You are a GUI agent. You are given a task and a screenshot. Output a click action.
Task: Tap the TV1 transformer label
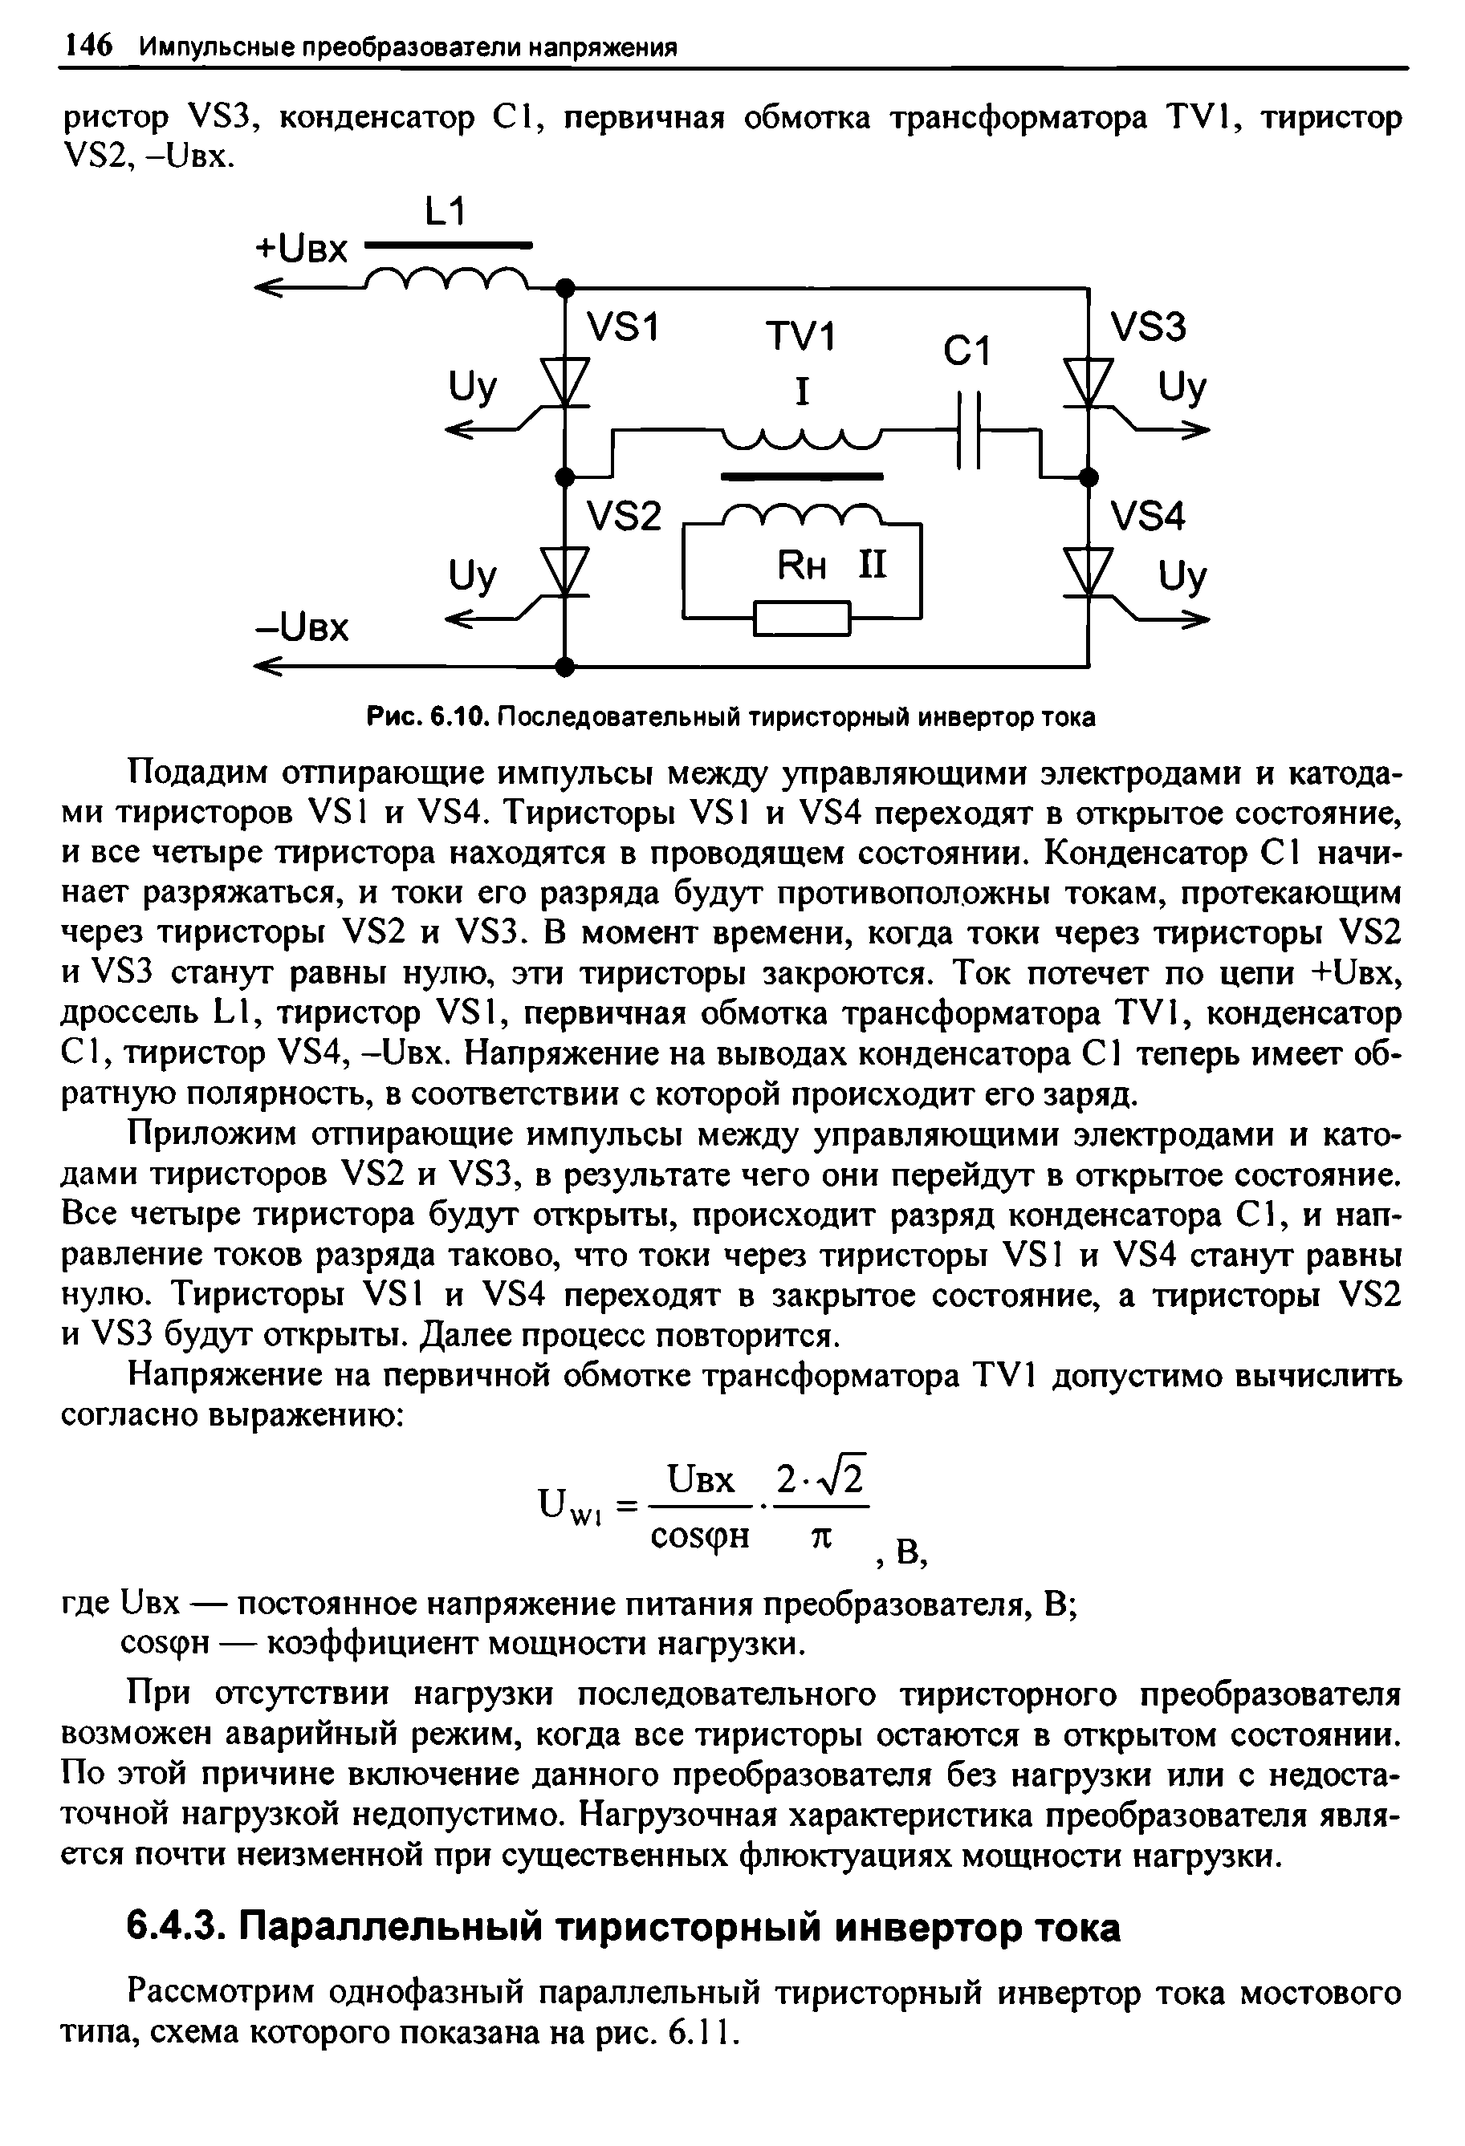[x=800, y=337]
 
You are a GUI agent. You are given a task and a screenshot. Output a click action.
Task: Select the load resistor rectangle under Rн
[x=802, y=618]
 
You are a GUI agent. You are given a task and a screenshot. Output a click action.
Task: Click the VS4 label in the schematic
[x=1147, y=516]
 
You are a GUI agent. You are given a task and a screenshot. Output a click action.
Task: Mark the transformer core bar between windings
[x=802, y=477]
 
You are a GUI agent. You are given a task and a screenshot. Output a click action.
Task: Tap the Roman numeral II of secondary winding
[x=872, y=564]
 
